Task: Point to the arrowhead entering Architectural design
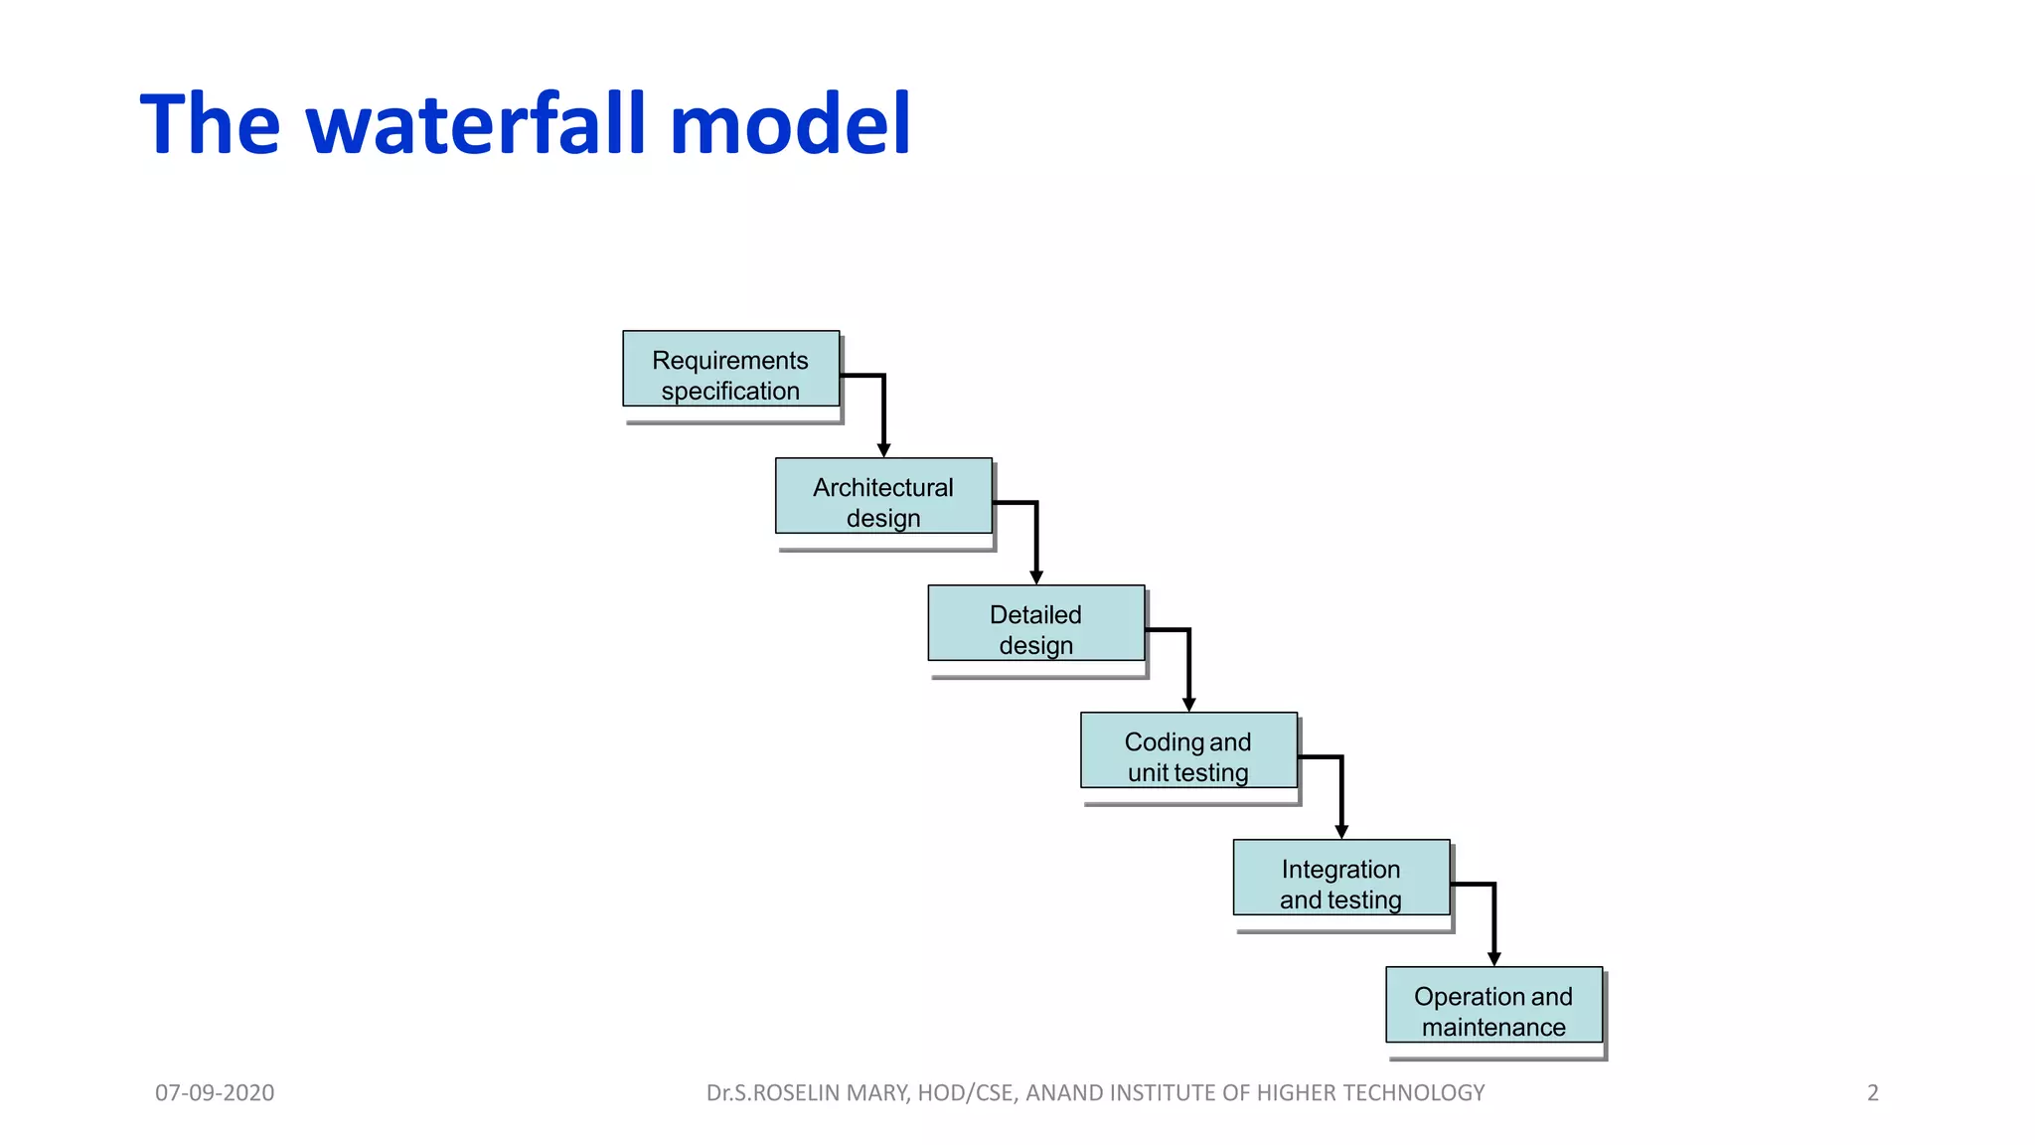pos(883,450)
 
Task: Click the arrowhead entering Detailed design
pos(1036,577)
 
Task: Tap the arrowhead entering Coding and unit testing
pos(1188,705)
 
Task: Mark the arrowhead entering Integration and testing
pos(1341,832)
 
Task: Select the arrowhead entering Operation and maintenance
pos(1493,959)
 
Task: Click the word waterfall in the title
pos(478,125)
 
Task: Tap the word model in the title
pos(791,125)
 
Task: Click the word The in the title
pos(211,125)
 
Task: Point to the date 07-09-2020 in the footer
pos(215,1093)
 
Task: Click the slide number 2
pos(1873,1093)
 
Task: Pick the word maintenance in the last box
pos(1493,1028)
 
